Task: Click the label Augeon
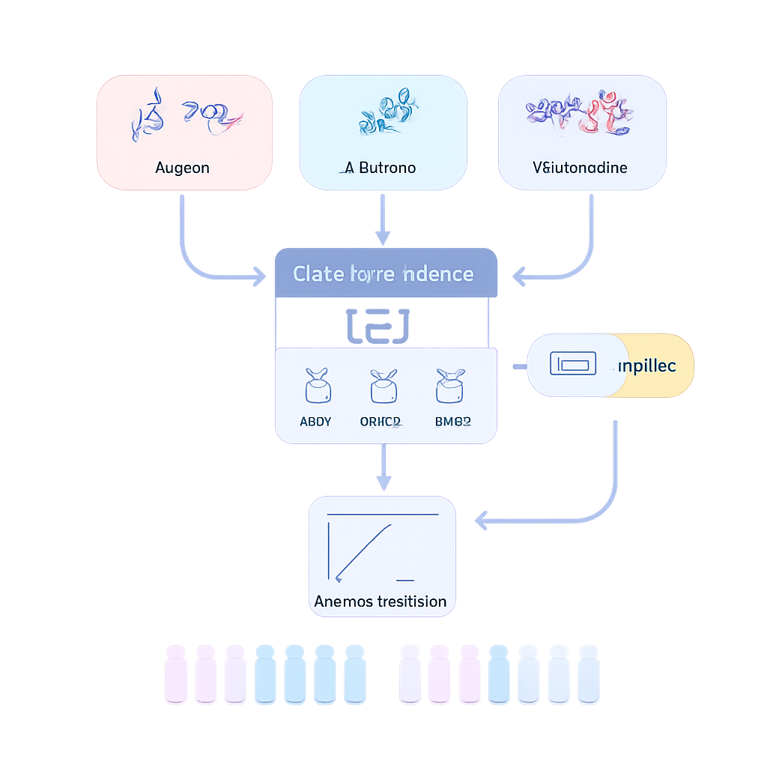(182, 167)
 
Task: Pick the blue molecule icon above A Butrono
(388, 112)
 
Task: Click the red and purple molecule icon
(581, 114)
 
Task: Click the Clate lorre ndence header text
(383, 273)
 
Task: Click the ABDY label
(315, 422)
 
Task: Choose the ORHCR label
(381, 422)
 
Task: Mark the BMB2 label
(452, 422)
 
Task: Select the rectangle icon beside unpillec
(573, 364)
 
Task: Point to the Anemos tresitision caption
(381, 601)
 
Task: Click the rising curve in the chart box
(363, 551)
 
